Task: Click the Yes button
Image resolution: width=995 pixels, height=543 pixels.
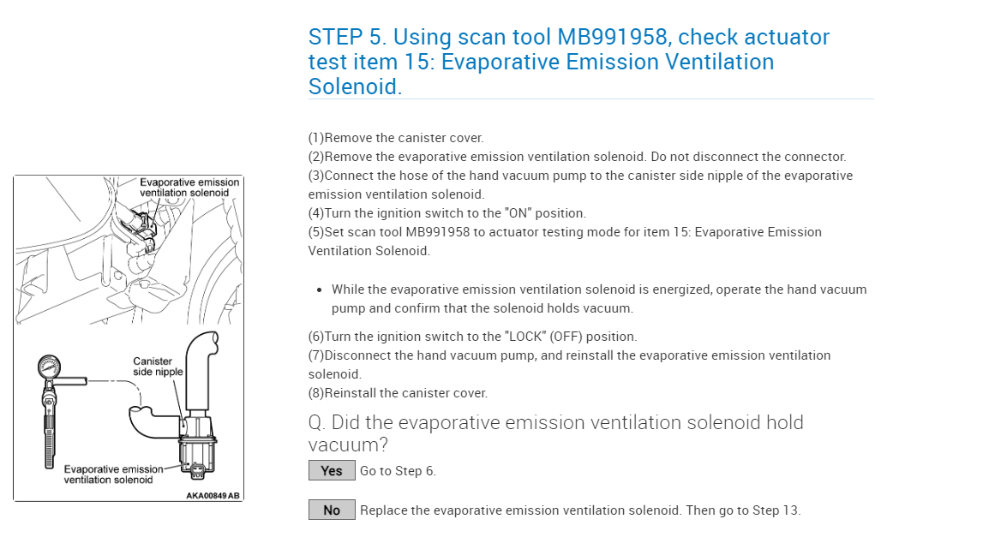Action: click(x=332, y=470)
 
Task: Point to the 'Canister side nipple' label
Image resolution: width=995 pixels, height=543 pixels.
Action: click(x=158, y=367)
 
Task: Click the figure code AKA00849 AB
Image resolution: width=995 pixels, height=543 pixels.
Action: click(x=213, y=495)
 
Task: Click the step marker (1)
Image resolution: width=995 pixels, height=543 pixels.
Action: click(x=316, y=138)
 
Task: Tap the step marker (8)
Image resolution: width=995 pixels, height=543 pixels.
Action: click(x=316, y=393)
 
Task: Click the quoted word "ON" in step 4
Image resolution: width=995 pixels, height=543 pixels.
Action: click(x=518, y=213)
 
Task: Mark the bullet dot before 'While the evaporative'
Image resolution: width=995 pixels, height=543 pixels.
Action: click(x=319, y=290)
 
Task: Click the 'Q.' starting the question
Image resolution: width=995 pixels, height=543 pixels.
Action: click(x=316, y=422)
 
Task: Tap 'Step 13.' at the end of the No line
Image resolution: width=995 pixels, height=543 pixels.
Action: click(x=776, y=510)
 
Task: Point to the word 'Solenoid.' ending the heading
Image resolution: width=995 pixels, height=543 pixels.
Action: click(x=355, y=87)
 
